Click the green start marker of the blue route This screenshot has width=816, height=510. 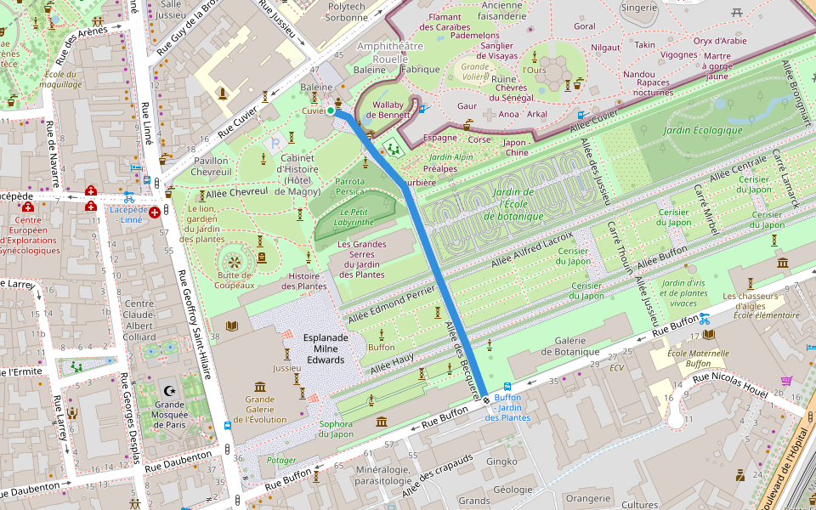click(331, 110)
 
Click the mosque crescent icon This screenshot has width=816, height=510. click(167, 391)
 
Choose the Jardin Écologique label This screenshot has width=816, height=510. click(704, 130)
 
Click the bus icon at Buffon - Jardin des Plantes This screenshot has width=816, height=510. click(508, 385)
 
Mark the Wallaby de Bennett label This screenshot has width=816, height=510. click(388, 110)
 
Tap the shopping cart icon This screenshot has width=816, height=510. click(786, 380)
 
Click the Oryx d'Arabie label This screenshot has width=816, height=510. click(719, 41)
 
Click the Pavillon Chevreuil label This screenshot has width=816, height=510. click(212, 166)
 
